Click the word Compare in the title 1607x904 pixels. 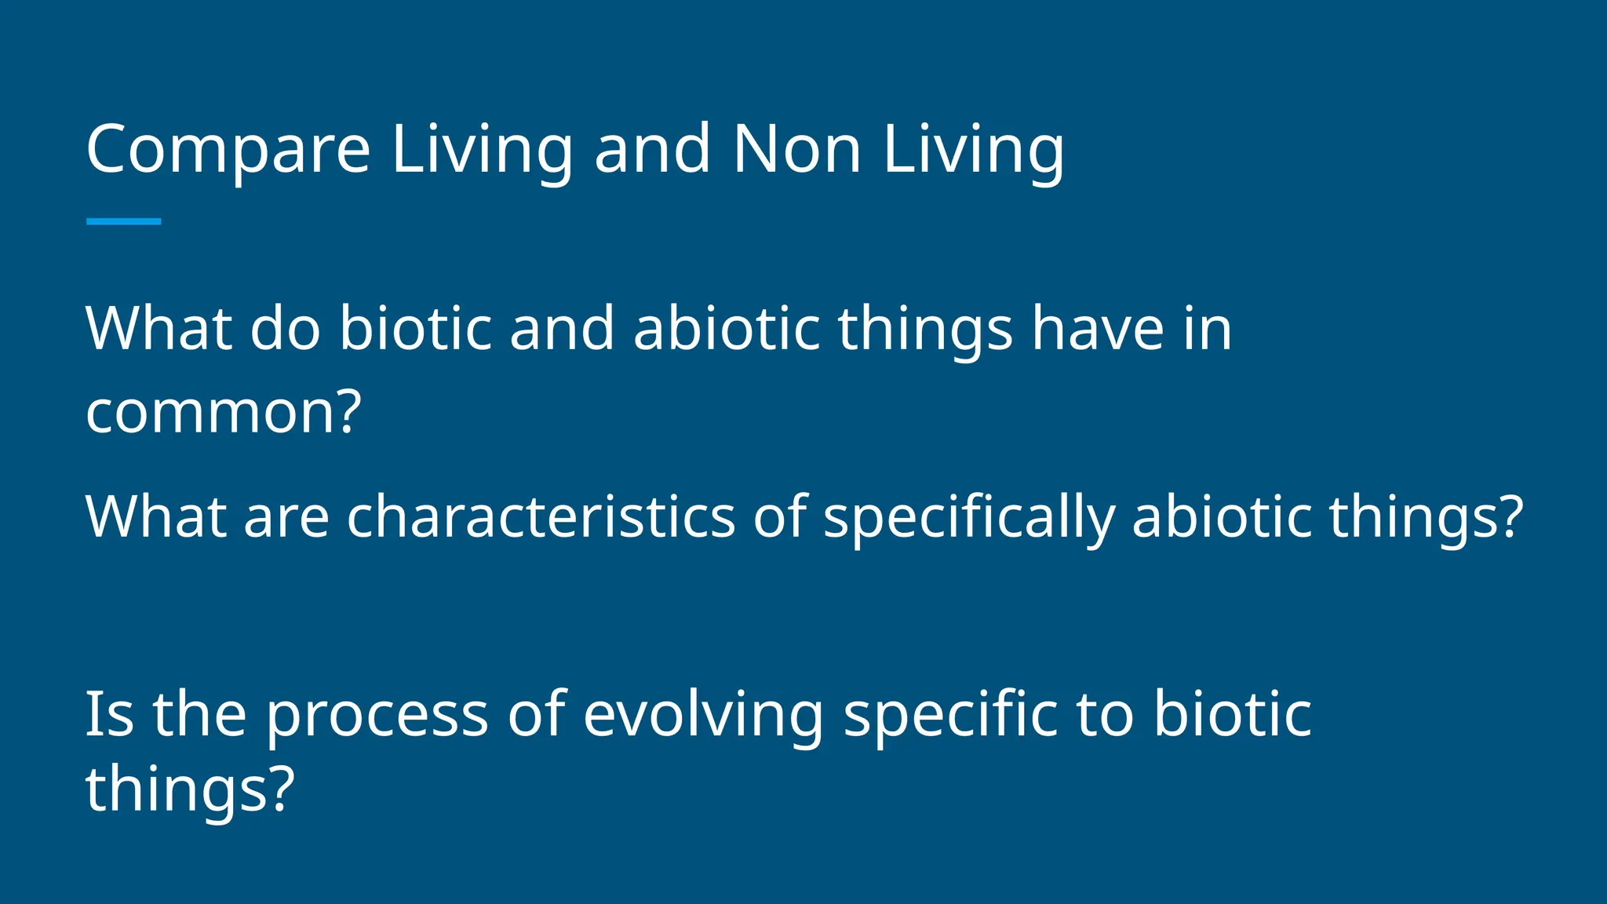point(228,149)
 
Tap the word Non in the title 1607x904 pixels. point(796,149)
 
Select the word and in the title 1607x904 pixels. point(651,149)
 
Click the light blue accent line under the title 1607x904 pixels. point(123,221)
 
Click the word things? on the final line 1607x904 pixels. point(189,788)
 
